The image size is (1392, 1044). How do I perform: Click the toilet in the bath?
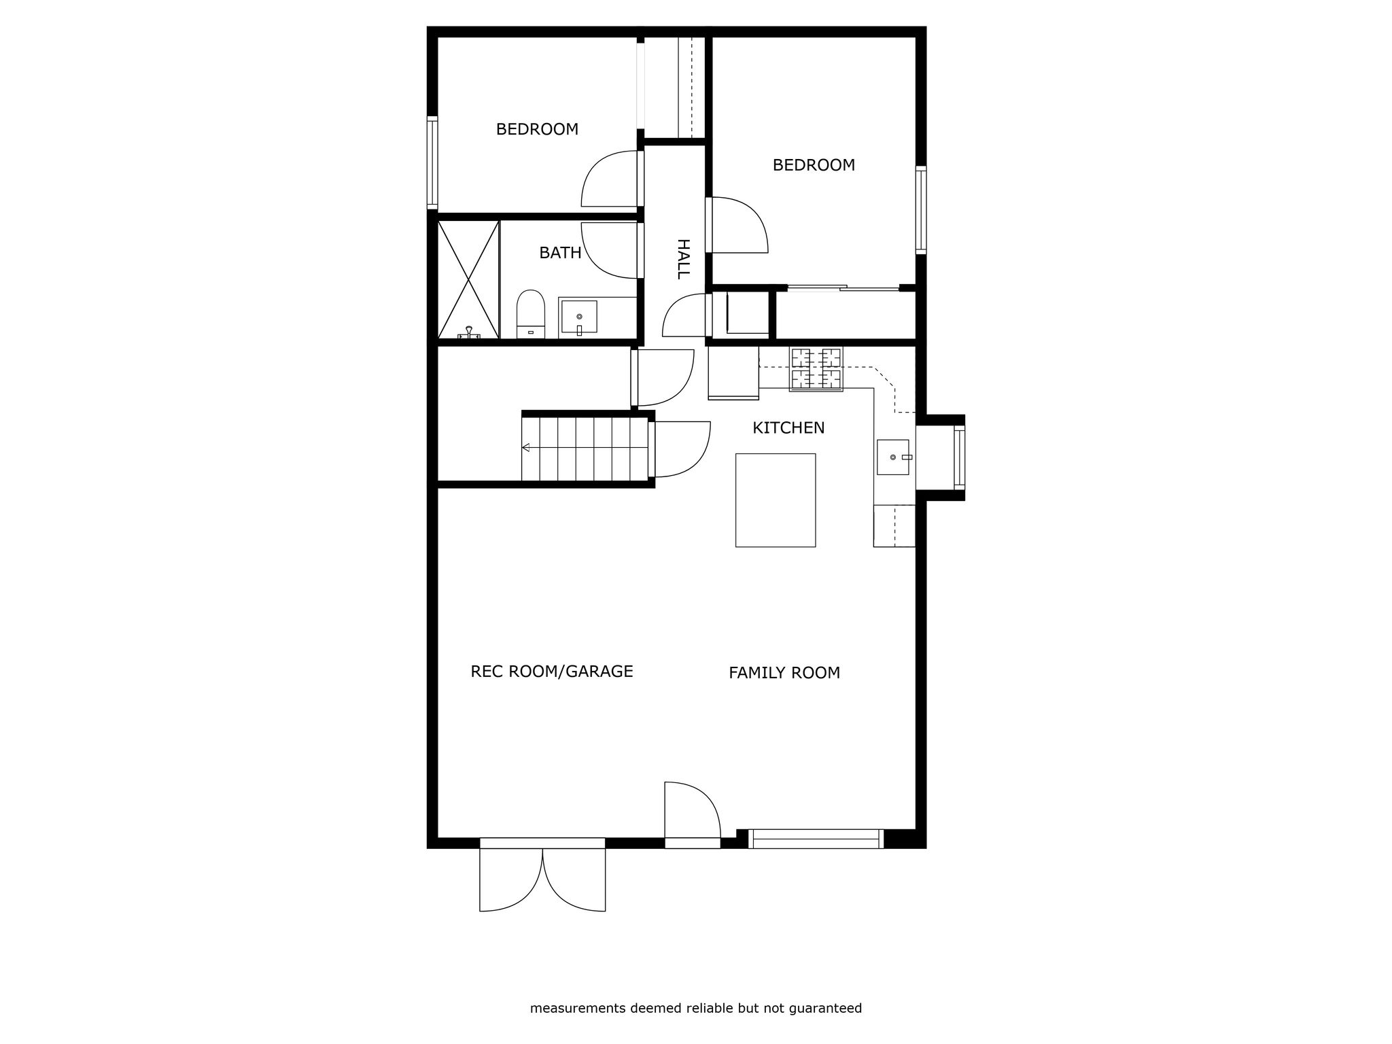[530, 314]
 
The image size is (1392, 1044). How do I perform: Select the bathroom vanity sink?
[579, 317]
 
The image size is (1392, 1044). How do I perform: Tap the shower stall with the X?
[468, 279]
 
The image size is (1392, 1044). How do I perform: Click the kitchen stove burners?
[816, 368]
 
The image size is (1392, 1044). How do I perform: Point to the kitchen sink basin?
[893, 457]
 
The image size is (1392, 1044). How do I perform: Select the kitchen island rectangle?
[776, 500]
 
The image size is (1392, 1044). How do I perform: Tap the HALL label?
[683, 259]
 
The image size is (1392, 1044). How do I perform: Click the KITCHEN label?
[788, 428]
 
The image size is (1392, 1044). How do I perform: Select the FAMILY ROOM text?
[784, 673]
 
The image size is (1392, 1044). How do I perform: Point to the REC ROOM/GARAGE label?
[552, 672]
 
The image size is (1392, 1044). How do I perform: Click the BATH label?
[560, 253]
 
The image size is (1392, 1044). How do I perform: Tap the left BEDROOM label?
[537, 129]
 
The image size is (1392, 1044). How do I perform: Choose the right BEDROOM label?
[814, 165]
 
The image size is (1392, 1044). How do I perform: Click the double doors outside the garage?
[542, 875]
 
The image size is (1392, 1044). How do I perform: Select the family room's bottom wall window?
[816, 839]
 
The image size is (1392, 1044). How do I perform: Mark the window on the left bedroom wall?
[432, 162]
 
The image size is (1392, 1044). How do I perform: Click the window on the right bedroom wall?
[921, 210]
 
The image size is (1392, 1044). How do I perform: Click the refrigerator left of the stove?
[733, 372]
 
